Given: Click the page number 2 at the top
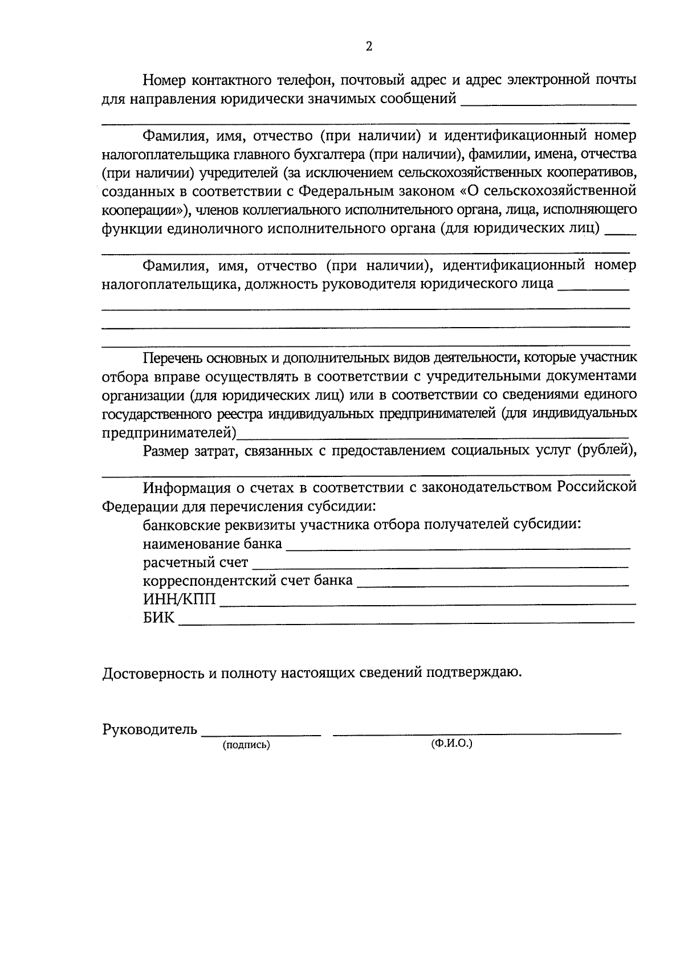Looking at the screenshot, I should click(x=369, y=47).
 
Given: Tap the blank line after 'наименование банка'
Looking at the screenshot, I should click(x=457, y=547).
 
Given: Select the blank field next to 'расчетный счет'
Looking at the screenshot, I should click(x=440, y=566).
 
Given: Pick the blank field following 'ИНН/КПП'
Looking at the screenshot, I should click(x=427, y=603).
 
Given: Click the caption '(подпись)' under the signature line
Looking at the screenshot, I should click(x=246, y=745).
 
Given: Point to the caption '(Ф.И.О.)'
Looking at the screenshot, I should click(x=452, y=743).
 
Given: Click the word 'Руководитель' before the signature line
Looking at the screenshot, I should click(x=150, y=729).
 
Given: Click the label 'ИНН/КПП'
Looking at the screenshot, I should click(x=180, y=599).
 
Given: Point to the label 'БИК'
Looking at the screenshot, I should click(x=159, y=618).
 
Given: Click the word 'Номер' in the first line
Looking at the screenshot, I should click(x=162, y=80).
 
